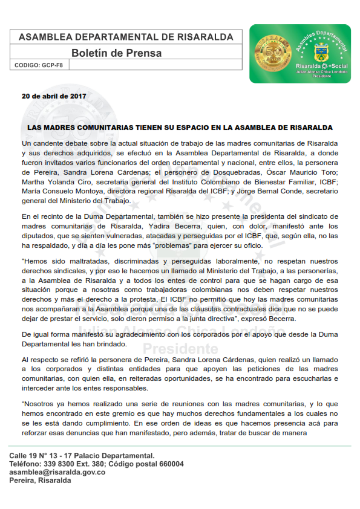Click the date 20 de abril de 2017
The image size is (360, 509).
(54, 96)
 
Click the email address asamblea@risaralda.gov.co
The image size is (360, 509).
(57, 472)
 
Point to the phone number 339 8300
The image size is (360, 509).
(61, 464)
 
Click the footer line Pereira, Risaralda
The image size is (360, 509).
(41, 481)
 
